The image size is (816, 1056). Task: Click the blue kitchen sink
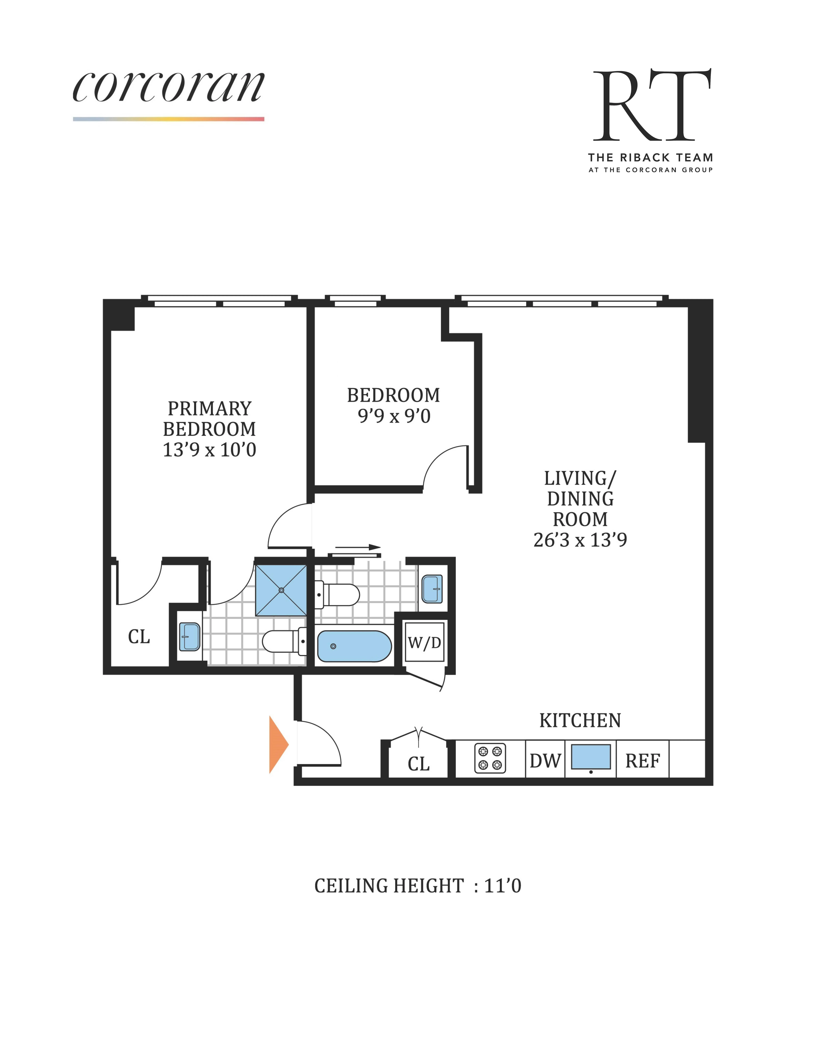click(591, 757)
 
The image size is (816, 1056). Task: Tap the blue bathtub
click(354, 646)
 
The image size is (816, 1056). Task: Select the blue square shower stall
click(281, 590)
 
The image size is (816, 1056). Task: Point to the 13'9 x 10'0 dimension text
click(209, 450)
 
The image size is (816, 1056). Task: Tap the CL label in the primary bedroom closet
click(139, 637)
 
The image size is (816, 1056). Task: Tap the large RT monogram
click(652, 105)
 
